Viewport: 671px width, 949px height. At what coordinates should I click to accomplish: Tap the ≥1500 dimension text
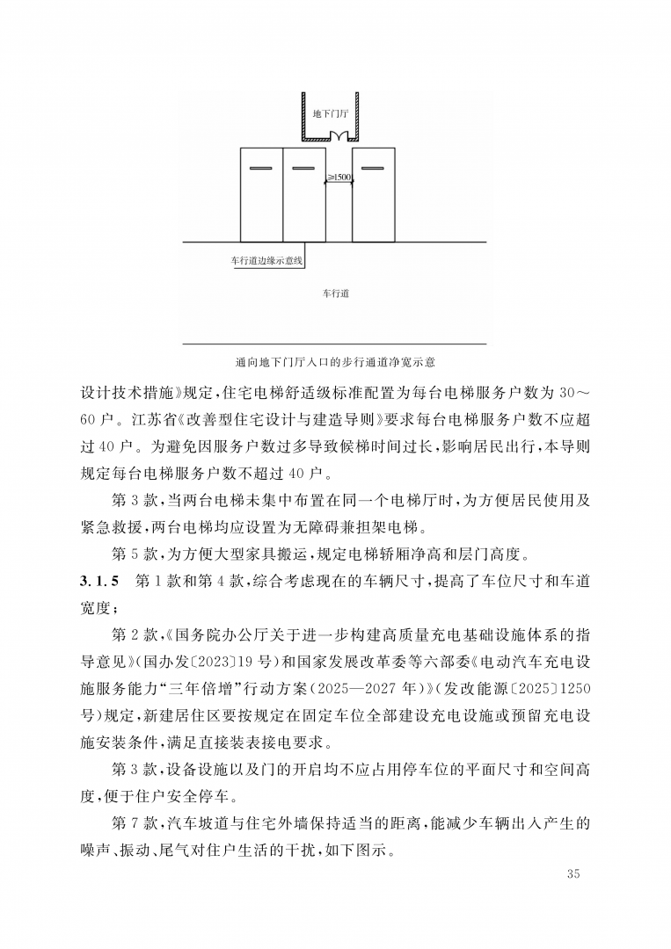click(x=339, y=177)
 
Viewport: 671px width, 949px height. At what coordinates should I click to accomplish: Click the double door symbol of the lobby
click(x=339, y=136)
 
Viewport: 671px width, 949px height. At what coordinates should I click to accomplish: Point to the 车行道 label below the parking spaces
click(x=336, y=293)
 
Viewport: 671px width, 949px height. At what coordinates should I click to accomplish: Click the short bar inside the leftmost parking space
click(x=261, y=168)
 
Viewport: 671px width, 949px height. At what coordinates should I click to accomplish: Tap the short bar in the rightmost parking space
click(x=373, y=168)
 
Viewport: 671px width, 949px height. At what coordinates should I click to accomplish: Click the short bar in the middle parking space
click(x=303, y=168)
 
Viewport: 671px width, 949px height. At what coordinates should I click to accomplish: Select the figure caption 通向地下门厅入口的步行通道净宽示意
click(x=336, y=361)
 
